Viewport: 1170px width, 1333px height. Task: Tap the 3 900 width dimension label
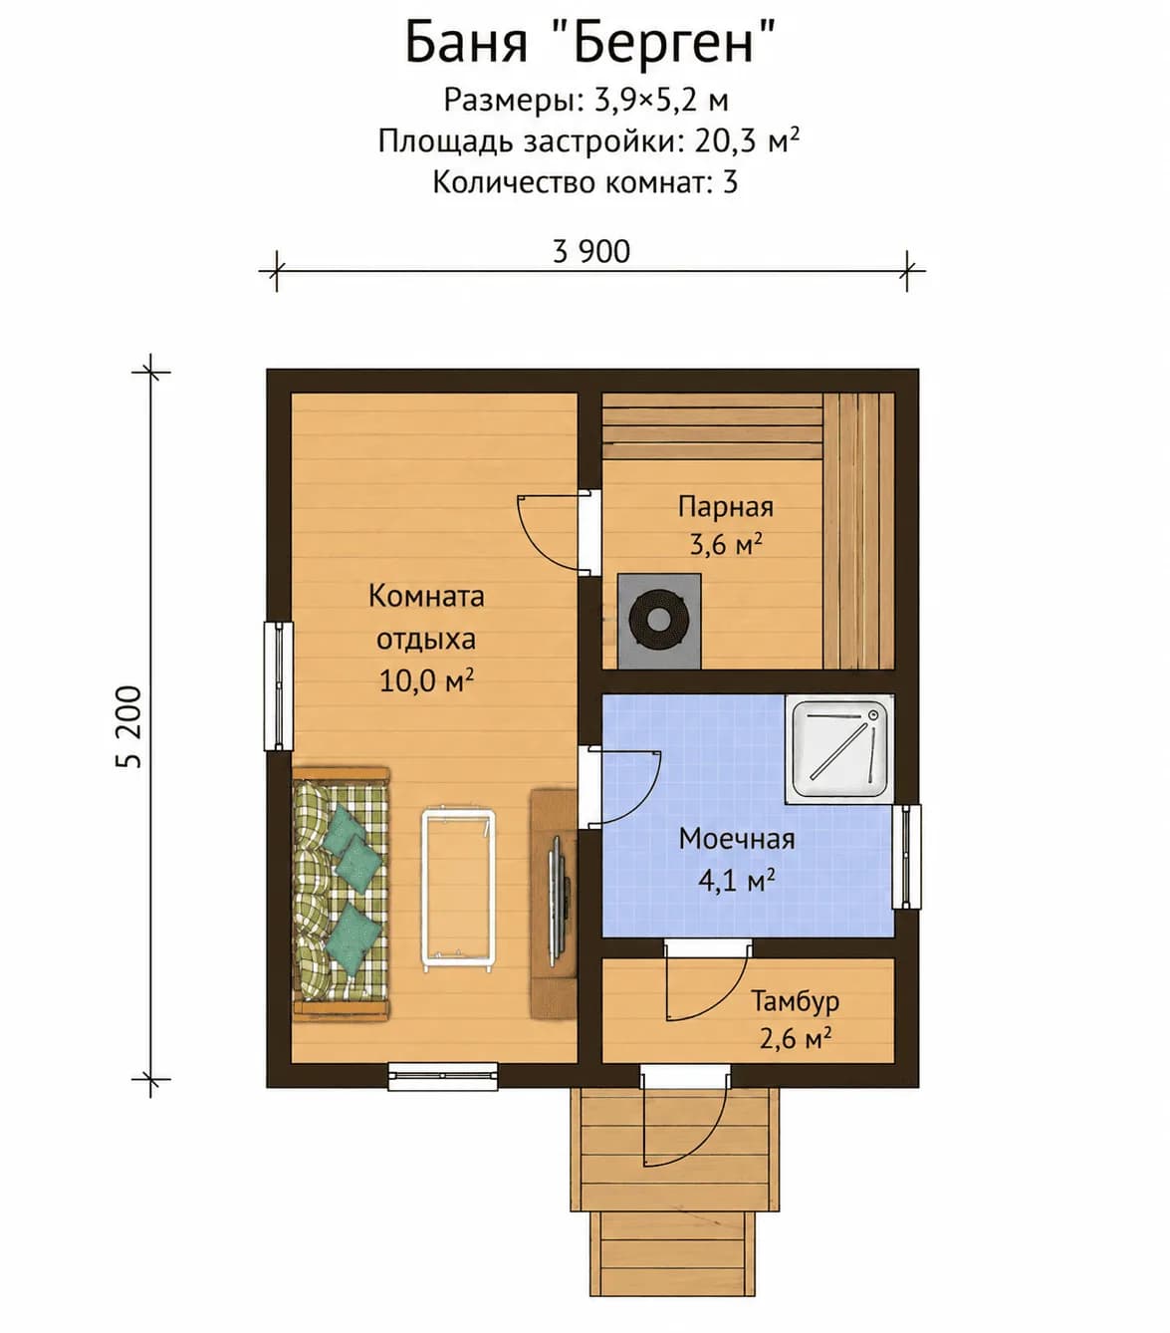(590, 251)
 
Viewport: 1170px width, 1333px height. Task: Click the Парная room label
(726, 507)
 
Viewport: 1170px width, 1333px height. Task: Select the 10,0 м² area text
(426, 680)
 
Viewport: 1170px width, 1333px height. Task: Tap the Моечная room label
(737, 839)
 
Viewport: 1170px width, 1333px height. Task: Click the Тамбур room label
(796, 1001)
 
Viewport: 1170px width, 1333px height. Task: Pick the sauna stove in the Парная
(659, 621)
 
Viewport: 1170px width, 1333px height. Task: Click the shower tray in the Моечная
(839, 749)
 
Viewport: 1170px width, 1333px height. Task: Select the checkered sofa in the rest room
(342, 894)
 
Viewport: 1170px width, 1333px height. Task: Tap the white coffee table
(458, 891)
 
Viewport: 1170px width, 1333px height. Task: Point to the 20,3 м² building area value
(747, 141)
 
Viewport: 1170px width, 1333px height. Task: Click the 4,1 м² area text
(736, 881)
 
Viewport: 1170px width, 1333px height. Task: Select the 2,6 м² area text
(796, 1039)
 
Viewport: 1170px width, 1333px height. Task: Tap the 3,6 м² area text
(726, 545)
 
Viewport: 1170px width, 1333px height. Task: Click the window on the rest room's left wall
(278, 685)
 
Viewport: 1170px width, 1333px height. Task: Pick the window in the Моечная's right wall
(906, 857)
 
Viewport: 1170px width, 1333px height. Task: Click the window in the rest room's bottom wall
(442, 1076)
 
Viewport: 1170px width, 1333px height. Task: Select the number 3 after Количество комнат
(730, 181)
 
